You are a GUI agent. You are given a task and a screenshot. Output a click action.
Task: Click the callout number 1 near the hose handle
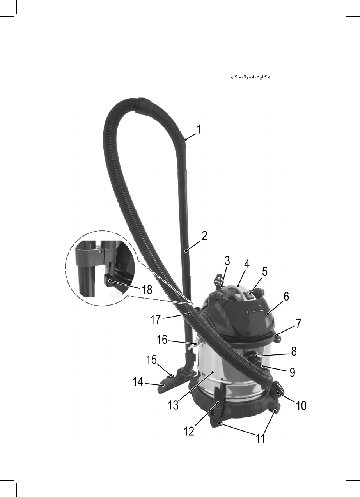pos(199,129)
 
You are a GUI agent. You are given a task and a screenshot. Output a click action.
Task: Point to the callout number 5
pos(264,271)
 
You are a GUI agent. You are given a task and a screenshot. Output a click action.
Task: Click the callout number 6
pos(286,296)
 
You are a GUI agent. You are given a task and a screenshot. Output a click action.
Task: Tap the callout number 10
pos(300,405)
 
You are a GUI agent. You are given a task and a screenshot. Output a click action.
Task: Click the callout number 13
pos(173,405)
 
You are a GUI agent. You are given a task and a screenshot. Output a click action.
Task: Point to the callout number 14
pos(138,382)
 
